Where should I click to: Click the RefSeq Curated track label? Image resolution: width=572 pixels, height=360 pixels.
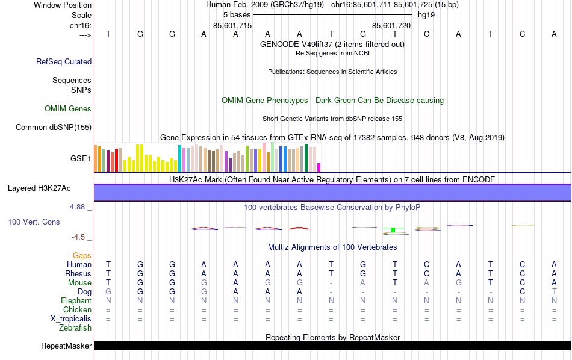(x=64, y=61)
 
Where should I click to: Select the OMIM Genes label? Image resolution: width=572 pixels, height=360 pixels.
(x=68, y=109)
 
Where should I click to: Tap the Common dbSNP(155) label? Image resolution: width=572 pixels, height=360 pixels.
(x=54, y=127)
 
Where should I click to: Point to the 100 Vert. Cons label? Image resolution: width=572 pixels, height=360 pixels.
(x=34, y=222)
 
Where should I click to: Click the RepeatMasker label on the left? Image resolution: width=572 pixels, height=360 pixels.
(x=66, y=346)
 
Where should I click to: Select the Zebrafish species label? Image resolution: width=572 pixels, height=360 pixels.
(x=75, y=328)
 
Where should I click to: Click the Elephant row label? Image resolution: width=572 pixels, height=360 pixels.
(x=76, y=301)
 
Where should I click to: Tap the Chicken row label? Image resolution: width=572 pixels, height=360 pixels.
(x=76, y=310)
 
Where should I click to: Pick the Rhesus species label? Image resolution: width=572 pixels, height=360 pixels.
(x=78, y=274)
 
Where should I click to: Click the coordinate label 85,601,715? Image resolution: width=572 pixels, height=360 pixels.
(x=232, y=26)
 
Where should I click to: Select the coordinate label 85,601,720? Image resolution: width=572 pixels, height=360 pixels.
(x=391, y=26)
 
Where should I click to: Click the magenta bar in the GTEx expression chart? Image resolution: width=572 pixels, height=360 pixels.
(x=319, y=167)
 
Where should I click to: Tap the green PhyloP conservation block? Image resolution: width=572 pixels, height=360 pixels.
(x=393, y=229)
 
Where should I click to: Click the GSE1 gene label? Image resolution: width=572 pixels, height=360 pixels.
(x=81, y=159)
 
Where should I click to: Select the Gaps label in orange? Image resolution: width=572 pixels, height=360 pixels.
(x=82, y=256)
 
